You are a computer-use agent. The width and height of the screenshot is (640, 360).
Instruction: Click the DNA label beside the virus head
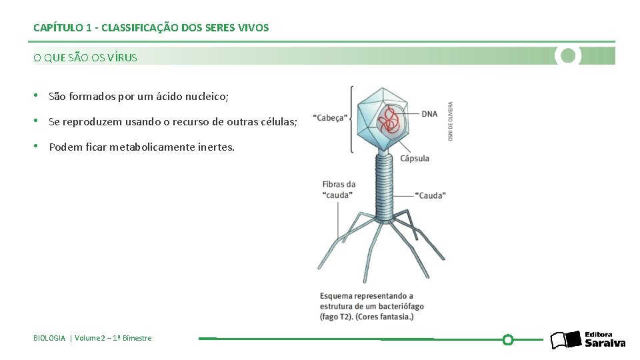tap(429, 114)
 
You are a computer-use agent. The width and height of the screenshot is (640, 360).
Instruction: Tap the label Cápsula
tap(415, 159)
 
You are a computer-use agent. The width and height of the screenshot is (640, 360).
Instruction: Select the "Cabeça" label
tap(330, 118)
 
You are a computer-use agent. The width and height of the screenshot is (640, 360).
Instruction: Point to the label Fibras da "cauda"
tap(339, 189)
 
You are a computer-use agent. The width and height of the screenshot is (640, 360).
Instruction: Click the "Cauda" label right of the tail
tap(431, 195)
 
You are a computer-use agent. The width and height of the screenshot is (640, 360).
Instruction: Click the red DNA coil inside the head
tap(388, 122)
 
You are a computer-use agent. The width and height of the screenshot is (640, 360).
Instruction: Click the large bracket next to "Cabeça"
tap(351, 119)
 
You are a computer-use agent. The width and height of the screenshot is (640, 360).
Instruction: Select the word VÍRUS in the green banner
tap(123, 57)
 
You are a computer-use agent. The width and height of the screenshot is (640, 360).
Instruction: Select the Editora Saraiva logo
tap(587, 339)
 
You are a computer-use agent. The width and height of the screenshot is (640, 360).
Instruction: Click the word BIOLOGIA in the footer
tap(49, 338)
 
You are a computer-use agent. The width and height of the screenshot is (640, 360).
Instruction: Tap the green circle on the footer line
tap(507, 339)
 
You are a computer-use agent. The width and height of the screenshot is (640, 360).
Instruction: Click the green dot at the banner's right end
tap(568, 56)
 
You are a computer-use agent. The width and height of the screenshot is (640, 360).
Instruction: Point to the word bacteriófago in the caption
tap(397, 306)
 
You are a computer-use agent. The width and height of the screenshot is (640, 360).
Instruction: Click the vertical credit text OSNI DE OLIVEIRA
tap(451, 121)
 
